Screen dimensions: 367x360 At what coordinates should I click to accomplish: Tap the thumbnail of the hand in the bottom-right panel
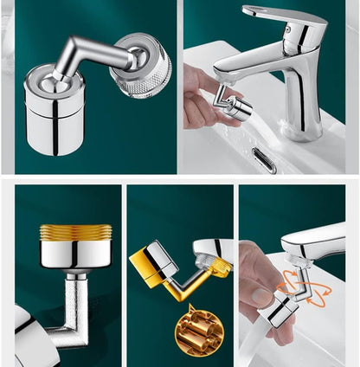coord(260,297)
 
